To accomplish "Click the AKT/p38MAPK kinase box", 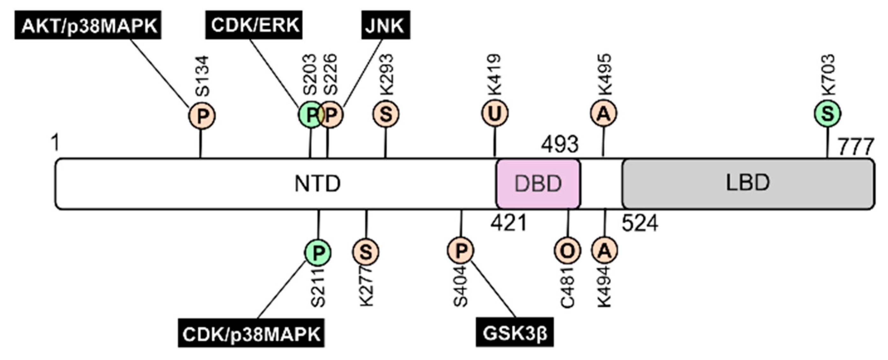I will (88, 25).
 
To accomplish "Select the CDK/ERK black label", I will (254, 25).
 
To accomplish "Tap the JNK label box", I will (385, 25).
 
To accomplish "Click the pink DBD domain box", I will (538, 183).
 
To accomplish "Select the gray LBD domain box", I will (748, 183).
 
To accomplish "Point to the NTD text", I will (317, 184).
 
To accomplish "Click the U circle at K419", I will (495, 114).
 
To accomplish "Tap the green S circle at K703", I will (828, 114).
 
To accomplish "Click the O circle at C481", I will (567, 251).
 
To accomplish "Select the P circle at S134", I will (202, 116).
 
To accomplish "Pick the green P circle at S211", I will (318, 253).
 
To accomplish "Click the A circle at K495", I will (604, 114).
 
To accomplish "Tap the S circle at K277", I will (366, 252).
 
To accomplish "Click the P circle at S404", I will (461, 251).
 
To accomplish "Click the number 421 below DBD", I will (509, 223).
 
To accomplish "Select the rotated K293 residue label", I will (386, 75).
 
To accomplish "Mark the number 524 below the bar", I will (640, 223).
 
